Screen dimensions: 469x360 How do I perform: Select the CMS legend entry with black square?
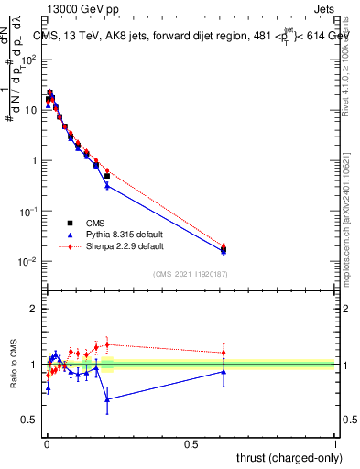click(x=95, y=223)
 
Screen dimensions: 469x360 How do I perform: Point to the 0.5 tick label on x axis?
click(x=191, y=444)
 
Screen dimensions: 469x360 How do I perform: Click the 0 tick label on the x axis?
click(x=46, y=444)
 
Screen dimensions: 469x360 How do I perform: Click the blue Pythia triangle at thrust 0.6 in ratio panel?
click(x=224, y=371)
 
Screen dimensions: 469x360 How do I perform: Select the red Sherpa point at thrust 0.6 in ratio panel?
click(x=224, y=353)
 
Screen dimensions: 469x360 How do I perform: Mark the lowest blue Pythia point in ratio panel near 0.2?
click(x=107, y=399)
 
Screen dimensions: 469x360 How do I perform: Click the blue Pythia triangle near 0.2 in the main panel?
click(x=107, y=186)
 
